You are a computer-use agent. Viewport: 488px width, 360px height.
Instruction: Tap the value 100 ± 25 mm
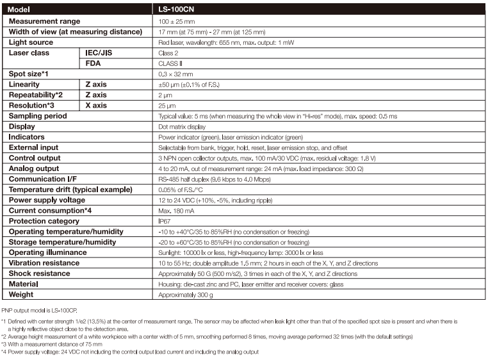click(x=176, y=22)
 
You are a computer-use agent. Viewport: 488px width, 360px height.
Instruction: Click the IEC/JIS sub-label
click(x=99, y=53)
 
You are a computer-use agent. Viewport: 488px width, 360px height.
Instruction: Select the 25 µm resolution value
click(x=167, y=106)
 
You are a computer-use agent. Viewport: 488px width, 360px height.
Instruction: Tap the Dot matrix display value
click(x=182, y=127)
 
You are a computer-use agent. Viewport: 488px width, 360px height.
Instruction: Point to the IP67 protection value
click(x=165, y=221)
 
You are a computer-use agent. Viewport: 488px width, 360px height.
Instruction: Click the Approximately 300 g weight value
click(x=186, y=295)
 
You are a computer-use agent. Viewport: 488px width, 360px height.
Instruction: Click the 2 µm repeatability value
click(x=165, y=95)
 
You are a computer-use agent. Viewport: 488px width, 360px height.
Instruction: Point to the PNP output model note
click(x=38, y=310)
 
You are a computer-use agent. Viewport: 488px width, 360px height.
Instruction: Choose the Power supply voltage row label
click(x=47, y=200)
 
